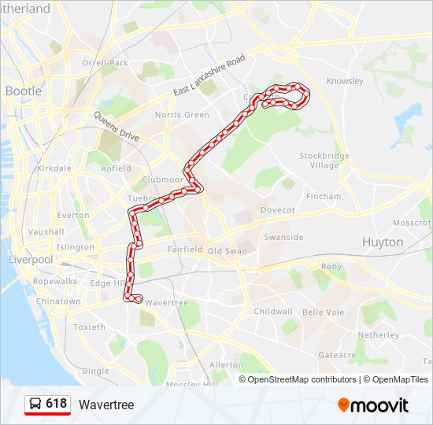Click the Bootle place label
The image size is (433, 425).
point(24,91)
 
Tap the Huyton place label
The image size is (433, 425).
point(383,242)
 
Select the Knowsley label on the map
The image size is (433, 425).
point(345,81)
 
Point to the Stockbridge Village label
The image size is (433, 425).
point(324,161)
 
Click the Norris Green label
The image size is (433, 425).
point(182,115)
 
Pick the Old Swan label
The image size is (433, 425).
point(227,251)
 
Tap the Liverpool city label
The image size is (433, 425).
point(31,260)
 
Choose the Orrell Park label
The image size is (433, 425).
point(105,63)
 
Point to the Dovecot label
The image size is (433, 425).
point(277,210)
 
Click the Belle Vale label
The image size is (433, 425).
point(324,312)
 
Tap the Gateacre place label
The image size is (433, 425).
point(337,355)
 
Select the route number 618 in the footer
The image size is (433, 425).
point(56,404)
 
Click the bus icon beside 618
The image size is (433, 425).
point(35,405)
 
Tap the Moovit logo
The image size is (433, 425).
point(373,405)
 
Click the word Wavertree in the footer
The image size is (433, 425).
point(106,405)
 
